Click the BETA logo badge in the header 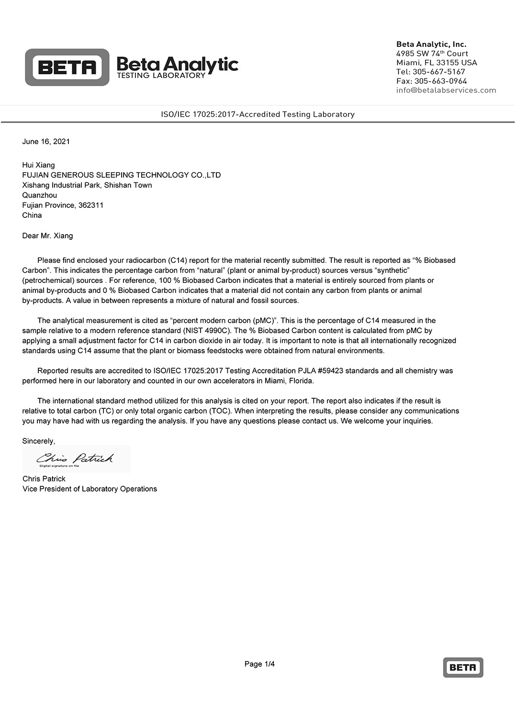point(67,67)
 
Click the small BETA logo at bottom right point(462,667)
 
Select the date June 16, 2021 point(46,141)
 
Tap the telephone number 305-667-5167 point(438,72)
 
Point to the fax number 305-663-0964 point(440,81)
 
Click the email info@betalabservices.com point(446,90)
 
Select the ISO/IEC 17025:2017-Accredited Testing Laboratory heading point(258,114)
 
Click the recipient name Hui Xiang point(38,165)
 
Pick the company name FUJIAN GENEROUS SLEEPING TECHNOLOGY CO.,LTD point(121,175)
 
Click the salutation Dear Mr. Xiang point(47,236)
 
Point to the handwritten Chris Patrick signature point(75,458)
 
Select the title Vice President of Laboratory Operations point(90,489)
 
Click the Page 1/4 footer point(259,663)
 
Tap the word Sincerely point(38,441)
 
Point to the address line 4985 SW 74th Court point(432,54)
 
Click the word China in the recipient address point(32,215)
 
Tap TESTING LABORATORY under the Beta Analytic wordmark point(161,75)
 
